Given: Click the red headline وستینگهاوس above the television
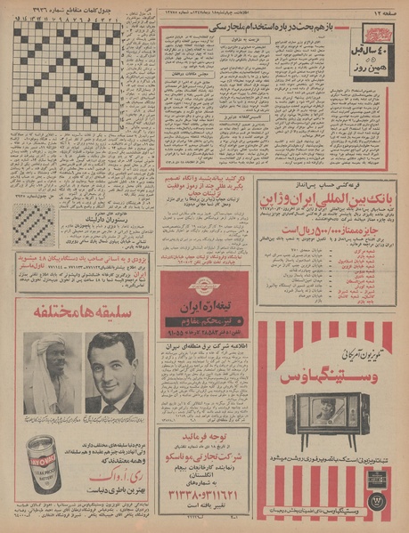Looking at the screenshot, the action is (x=325, y=376).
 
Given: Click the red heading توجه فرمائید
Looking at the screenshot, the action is (x=203, y=438).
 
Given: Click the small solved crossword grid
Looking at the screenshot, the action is (x=34, y=224).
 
